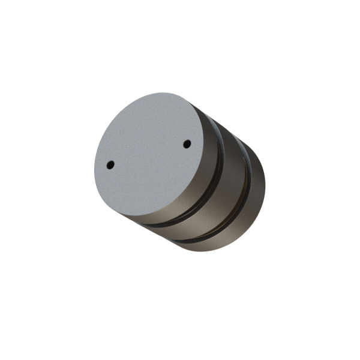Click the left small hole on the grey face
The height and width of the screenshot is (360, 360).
pyautogui.click(x=110, y=164)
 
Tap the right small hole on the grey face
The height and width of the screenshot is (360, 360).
pyautogui.click(x=187, y=144)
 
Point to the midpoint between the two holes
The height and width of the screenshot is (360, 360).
pyautogui.click(x=148, y=154)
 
